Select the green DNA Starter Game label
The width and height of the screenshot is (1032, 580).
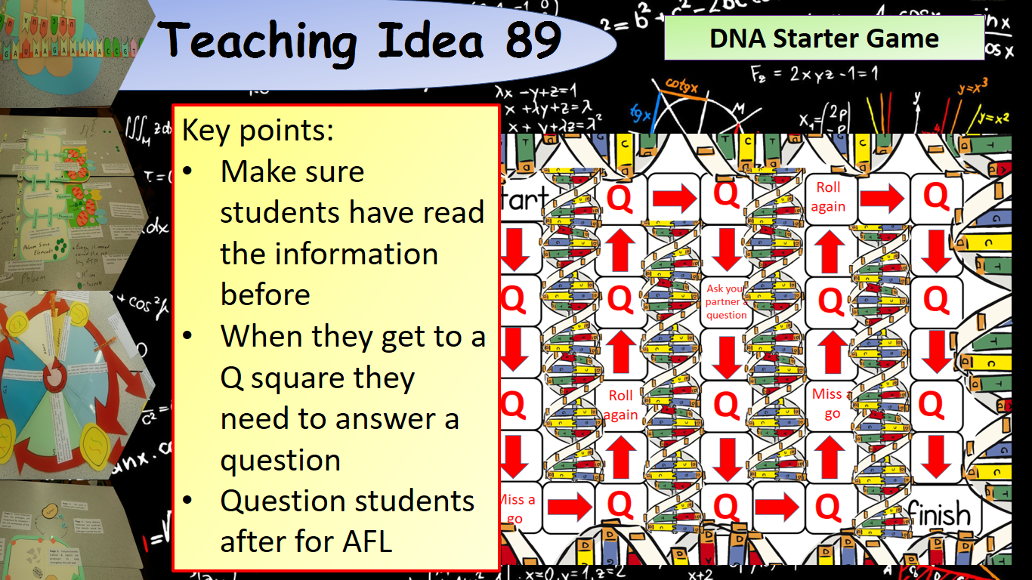[823, 39]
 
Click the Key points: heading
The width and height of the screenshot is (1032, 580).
[257, 131]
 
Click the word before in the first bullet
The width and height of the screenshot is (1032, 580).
[265, 295]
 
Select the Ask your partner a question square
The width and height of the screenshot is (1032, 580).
[726, 301]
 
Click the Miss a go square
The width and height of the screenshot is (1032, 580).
[518, 508]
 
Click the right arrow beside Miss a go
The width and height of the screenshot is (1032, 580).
[568, 508]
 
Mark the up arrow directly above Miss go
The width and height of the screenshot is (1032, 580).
[831, 351]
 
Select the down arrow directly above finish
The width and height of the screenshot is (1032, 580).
[937, 456]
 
